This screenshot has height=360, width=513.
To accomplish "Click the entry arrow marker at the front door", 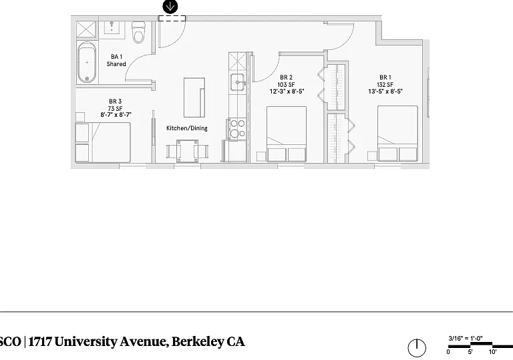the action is pos(170,7).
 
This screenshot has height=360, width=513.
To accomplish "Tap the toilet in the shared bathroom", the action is pos(138,32).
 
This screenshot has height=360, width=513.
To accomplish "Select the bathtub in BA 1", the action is pos(87,62).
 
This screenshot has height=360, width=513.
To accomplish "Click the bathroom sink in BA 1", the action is pos(112,27).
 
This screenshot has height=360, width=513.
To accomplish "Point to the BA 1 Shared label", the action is pos(116,60).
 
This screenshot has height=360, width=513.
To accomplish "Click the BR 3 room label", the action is pos(115,101).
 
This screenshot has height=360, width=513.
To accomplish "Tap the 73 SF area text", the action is pos(115,108).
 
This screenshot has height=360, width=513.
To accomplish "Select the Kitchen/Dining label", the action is pos(187,128).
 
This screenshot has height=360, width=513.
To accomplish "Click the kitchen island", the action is pos(194,98).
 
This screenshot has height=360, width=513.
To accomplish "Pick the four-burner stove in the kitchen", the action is pos(237,129).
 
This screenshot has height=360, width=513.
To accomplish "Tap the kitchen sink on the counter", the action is pos(238,81).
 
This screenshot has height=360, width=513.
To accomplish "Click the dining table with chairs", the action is pos(187,151).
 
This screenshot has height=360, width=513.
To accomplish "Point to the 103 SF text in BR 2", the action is pos(287,84).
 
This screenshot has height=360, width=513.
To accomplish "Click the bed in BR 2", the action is pos(287,134).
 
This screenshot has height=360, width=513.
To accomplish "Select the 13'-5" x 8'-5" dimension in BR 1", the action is pos(385,92).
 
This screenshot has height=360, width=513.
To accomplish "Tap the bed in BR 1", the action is pos(397,134).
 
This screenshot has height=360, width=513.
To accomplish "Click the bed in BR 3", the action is pos(103,143).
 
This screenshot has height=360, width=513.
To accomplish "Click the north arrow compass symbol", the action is pos(417,347).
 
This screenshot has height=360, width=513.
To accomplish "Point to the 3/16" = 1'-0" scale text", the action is pos(466,339).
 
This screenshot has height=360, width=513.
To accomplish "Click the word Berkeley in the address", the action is pos(198,342).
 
